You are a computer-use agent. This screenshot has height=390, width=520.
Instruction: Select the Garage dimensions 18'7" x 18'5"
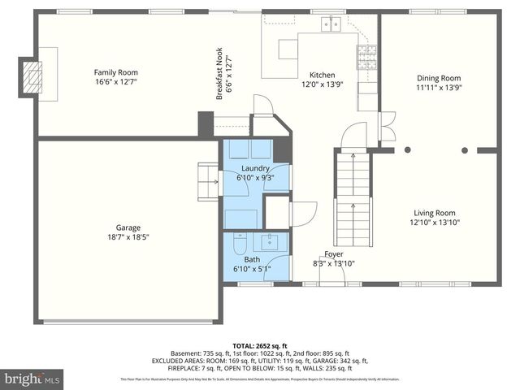click(x=123, y=237)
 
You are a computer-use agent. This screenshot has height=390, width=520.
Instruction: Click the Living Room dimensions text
click(x=432, y=222)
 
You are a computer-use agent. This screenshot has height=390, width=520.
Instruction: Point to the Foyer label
click(x=334, y=253)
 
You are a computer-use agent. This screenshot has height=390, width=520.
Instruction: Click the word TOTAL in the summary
click(x=245, y=344)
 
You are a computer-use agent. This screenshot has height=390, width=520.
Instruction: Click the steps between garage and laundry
click(x=207, y=178)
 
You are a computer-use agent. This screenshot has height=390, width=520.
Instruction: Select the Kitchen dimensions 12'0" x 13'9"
click(x=323, y=84)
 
